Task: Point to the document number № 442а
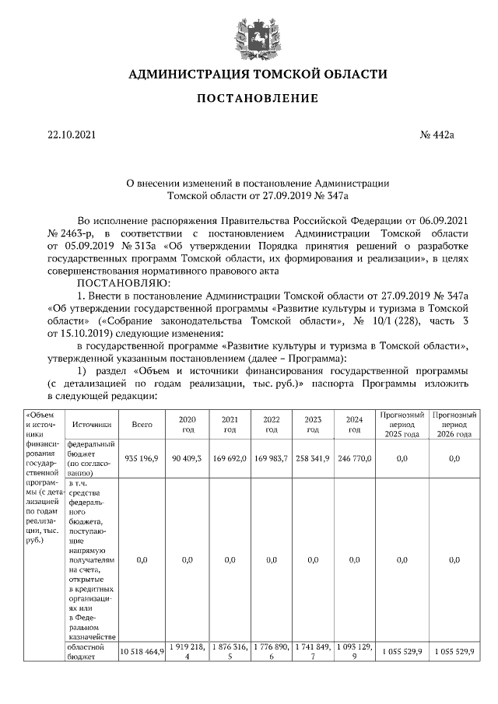click(437, 135)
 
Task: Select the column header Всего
click(142, 425)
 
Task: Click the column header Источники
click(93, 425)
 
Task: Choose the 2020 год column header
click(188, 425)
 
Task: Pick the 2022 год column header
click(271, 425)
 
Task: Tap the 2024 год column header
click(355, 425)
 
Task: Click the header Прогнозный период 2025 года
click(402, 425)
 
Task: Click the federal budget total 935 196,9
click(142, 459)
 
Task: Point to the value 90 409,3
click(188, 459)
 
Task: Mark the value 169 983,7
click(271, 459)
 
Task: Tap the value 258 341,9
click(313, 459)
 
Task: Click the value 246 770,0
click(355, 459)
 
